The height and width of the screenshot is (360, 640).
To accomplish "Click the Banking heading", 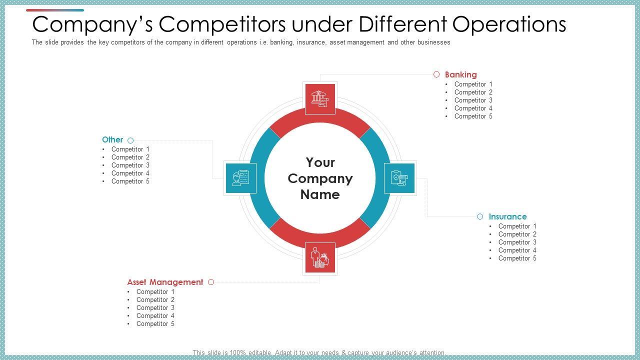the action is coord(460,75).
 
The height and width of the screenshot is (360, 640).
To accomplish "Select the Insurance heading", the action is coord(507,217).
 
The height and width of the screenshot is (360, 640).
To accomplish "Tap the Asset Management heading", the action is coord(165,282).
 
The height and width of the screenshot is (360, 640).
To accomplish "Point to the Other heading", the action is coord(112,140).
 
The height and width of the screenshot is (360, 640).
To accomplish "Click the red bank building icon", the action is coord(320,98).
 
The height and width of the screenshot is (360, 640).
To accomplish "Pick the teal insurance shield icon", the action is coord(399,178).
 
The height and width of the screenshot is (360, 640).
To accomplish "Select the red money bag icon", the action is coord(320,258).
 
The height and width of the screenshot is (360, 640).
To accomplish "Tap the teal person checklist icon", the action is coord(241,178).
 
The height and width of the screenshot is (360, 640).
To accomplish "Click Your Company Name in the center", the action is coord(320,178).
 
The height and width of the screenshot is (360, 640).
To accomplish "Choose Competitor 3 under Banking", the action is coord(473,100).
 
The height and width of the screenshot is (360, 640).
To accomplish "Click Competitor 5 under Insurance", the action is coord(517,258).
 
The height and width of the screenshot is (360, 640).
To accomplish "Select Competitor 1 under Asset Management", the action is coord(155,292).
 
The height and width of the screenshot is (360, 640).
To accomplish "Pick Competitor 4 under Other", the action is coord(130,173).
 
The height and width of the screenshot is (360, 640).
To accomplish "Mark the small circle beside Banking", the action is coord(436,74).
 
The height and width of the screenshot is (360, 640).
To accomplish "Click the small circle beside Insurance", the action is coord(480,216).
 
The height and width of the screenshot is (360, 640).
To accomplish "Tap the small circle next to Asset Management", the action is coord(211,282).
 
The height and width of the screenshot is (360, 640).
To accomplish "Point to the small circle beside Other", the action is coord(130,140).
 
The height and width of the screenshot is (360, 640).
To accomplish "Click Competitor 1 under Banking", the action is coord(473,84).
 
